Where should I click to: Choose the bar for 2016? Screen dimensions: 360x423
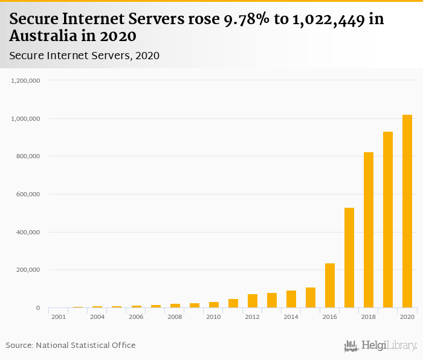[x=330, y=286]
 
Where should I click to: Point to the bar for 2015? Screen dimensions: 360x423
[x=311, y=298]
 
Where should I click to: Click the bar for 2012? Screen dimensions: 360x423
[x=253, y=301]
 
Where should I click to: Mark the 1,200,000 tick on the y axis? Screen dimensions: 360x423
[x=25, y=80]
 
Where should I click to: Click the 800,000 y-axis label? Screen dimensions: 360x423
[x=27, y=156]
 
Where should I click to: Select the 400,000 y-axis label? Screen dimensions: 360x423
[x=27, y=233]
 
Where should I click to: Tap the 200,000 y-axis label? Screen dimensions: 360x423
[x=27, y=270]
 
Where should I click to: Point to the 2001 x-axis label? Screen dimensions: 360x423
[x=59, y=317]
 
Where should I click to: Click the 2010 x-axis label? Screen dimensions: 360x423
[x=213, y=317]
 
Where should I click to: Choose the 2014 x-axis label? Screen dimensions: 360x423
[x=291, y=317]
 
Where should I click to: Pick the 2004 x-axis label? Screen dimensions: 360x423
[x=97, y=317]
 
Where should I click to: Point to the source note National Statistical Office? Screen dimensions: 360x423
[x=86, y=346]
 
